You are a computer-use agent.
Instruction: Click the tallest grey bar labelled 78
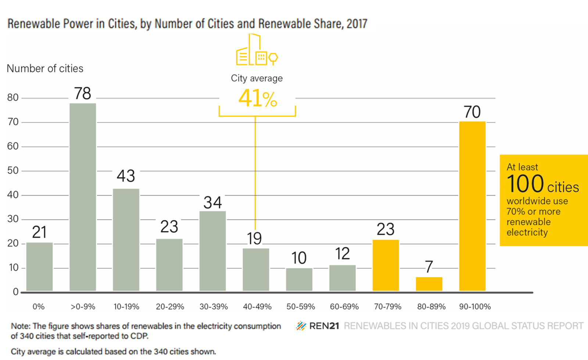click(83, 197)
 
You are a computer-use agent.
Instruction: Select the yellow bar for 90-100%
click(472, 206)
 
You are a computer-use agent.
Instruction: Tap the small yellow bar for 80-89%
click(429, 284)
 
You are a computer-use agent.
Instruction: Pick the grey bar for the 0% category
click(39, 267)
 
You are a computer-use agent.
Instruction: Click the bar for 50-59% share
click(299, 279)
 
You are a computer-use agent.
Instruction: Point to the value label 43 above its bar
click(126, 176)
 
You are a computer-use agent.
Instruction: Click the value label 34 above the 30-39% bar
click(213, 203)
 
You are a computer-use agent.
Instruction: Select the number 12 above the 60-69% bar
click(342, 254)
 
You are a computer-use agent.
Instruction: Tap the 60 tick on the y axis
click(13, 146)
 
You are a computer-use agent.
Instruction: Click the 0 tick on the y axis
click(15, 292)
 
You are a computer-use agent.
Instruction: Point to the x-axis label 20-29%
click(170, 307)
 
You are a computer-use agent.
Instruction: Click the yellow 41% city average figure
click(257, 99)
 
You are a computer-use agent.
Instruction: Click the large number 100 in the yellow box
click(525, 184)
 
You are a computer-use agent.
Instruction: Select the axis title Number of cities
click(45, 69)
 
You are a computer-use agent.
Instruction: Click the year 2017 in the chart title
click(356, 24)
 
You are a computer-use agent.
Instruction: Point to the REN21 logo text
click(324, 326)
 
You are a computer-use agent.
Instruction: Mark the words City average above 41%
click(257, 78)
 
